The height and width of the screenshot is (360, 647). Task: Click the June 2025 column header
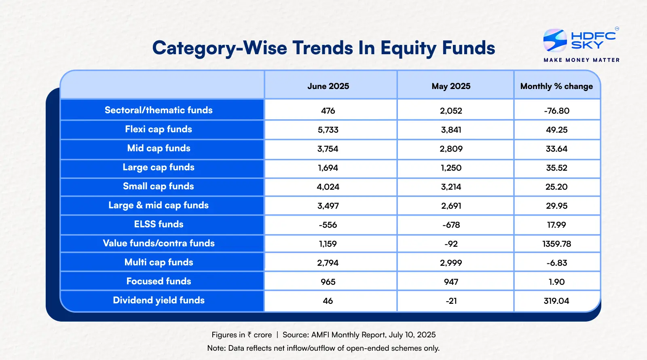click(x=328, y=86)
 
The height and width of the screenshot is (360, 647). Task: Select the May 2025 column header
click(x=451, y=86)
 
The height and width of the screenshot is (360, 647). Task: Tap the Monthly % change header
click(x=556, y=86)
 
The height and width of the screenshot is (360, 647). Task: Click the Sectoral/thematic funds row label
click(x=159, y=110)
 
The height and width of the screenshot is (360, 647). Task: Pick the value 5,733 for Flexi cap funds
click(x=328, y=130)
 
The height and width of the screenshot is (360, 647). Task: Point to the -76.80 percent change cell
click(x=556, y=111)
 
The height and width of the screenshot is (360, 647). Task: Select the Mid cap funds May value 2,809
click(x=451, y=149)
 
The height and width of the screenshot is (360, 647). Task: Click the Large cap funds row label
click(x=159, y=167)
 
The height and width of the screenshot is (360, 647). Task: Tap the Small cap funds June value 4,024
click(x=328, y=187)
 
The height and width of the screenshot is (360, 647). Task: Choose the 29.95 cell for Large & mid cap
click(x=556, y=206)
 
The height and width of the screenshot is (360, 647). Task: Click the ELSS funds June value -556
click(x=328, y=225)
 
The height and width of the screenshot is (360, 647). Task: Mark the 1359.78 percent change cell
click(x=556, y=244)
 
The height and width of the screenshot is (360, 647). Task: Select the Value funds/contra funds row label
click(x=159, y=243)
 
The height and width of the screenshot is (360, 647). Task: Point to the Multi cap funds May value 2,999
click(x=451, y=263)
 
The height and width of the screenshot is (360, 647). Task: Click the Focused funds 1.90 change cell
click(x=556, y=282)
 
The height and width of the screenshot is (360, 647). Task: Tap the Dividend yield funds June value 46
click(x=328, y=301)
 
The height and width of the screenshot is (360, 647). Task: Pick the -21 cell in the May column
click(x=451, y=301)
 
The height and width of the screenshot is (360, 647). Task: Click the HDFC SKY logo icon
click(x=555, y=40)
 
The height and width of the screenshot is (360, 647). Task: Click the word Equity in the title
click(x=408, y=48)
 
